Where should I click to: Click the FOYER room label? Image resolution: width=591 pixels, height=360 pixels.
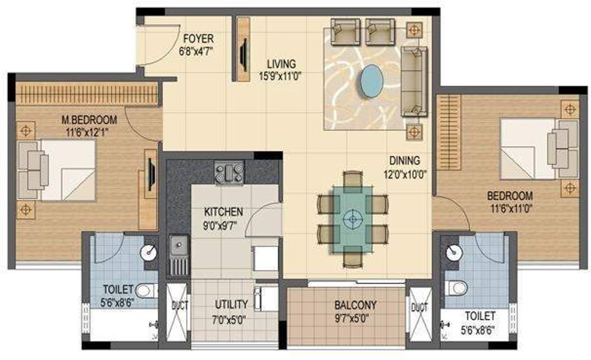tap(196, 40)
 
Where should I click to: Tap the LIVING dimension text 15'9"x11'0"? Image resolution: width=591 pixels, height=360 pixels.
tap(281, 77)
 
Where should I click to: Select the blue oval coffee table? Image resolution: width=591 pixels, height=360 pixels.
tap(371, 80)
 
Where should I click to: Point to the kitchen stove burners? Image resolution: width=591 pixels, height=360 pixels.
tap(230, 172)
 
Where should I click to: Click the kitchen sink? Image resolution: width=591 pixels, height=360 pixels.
tap(178, 246)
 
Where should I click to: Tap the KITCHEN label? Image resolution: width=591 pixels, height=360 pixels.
tap(224, 212)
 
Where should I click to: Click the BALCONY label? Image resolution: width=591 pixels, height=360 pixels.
tap(355, 305)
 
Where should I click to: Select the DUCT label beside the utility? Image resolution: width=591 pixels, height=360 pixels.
tap(177, 306)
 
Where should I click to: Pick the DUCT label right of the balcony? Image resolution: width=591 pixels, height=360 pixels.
tap(419, 307)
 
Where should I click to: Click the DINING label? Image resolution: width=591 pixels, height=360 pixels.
tap(404, 160)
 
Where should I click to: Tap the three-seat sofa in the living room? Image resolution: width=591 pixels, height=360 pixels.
tap(414, 79)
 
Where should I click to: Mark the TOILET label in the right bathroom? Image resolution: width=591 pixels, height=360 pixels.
tap(480, 316)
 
